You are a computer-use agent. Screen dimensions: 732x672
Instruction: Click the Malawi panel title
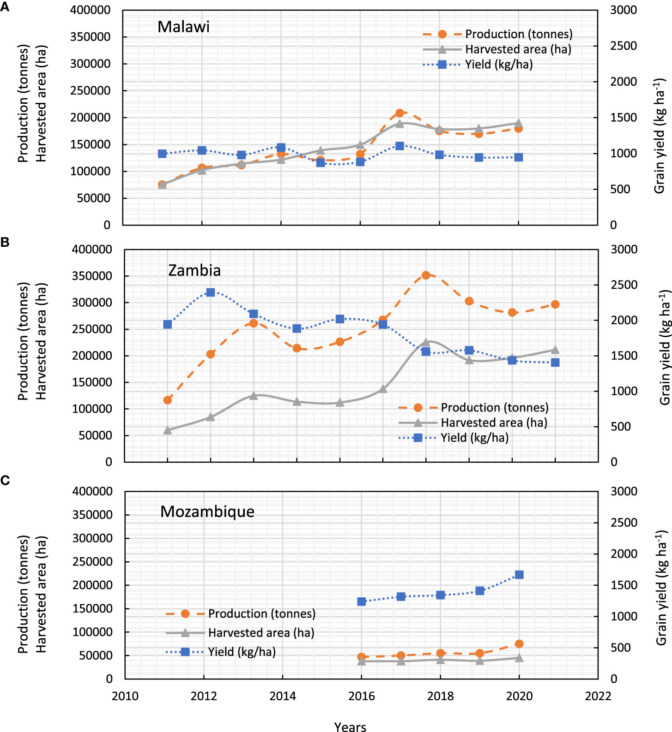coord(183,27)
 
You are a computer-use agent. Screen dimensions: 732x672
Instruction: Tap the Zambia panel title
coord(194,270)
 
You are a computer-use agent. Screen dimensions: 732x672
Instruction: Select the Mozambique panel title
coord(207,512)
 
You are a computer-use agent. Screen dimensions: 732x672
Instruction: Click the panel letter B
coord(5,242)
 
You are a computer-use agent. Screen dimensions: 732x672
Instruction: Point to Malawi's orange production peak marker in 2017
coord(400,113)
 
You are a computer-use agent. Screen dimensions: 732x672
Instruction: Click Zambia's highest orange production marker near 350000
coord(426,275)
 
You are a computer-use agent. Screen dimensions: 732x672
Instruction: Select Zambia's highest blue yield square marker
coord(211,292)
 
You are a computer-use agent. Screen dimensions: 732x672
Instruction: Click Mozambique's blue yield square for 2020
coord(519,575)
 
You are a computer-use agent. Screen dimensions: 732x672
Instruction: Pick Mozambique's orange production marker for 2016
coord(362,657)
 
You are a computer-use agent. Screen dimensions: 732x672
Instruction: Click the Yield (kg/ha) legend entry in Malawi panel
coord(498,65)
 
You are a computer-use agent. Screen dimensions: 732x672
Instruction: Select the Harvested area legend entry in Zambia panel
coord(493,423)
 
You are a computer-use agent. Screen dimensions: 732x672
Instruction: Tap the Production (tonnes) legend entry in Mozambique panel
coord(261,613)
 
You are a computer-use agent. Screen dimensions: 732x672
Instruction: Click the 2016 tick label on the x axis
coord(362,696)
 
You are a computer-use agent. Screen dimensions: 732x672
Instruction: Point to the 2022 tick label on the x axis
coord(598,696)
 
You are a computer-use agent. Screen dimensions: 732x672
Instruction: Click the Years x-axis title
coord(350,726)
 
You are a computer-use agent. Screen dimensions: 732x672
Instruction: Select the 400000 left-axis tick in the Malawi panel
coord(91,10)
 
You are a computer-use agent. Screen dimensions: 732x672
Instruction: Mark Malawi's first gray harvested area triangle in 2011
coord(162,185)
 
